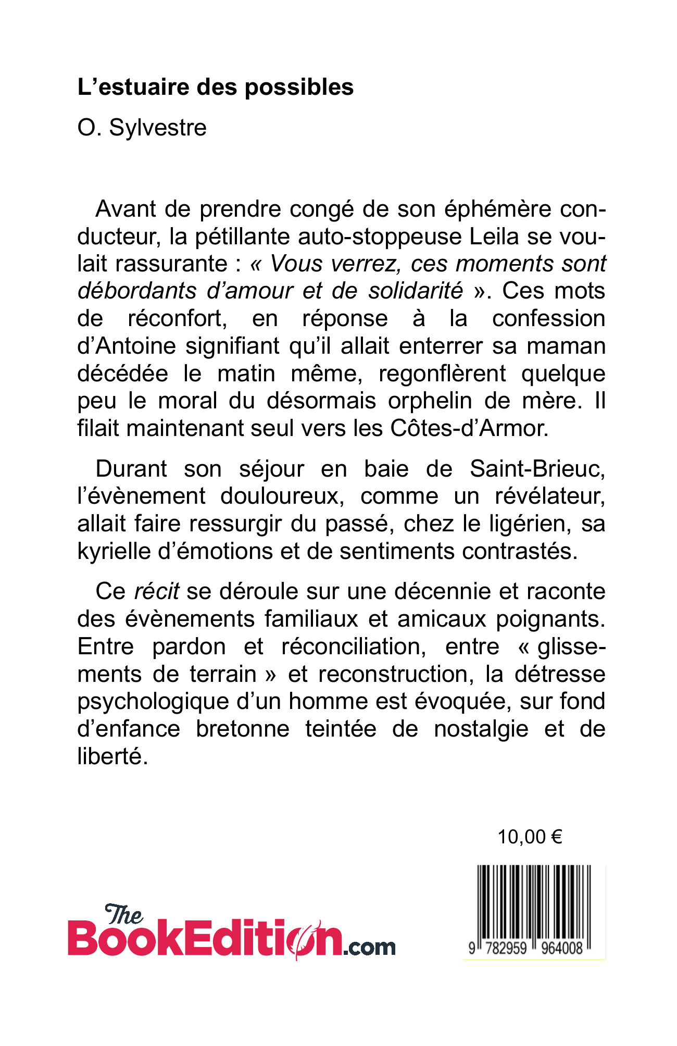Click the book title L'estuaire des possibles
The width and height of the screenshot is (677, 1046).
[215, 87]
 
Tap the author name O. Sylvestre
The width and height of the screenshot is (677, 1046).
[142, 128]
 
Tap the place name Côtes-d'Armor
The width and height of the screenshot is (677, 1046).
[468, 428]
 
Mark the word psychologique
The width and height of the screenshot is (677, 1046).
[153, 702]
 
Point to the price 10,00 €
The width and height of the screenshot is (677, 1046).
[530, 837]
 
